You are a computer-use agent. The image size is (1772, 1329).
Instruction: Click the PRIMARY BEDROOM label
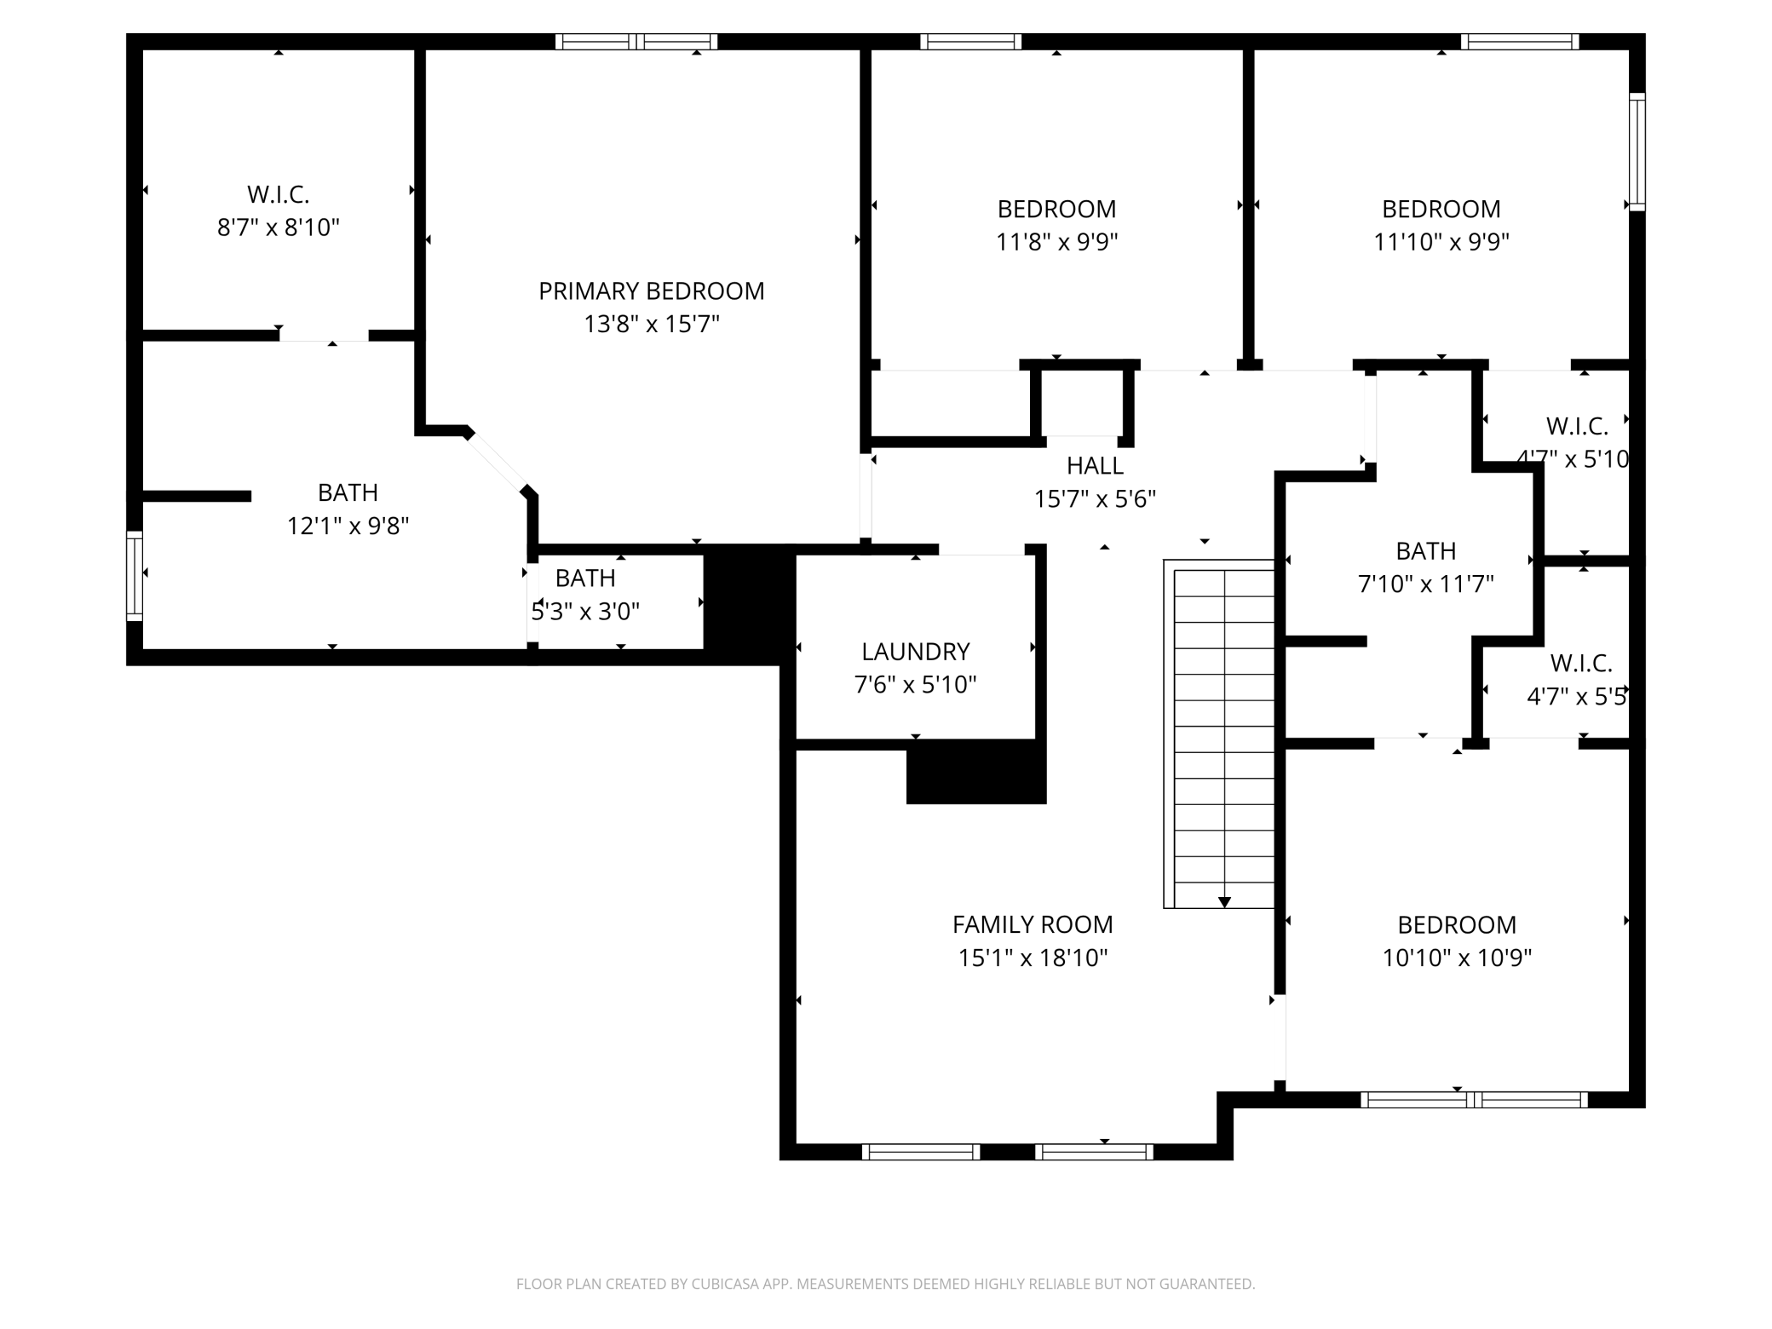651,291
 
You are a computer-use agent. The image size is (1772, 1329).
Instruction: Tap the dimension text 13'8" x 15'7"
651,325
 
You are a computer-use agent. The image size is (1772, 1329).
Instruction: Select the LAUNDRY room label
915,652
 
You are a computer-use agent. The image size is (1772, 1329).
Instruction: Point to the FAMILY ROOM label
1033,924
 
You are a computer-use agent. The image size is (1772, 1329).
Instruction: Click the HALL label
1095,466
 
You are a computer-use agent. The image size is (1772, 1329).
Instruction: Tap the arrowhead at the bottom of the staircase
1224,901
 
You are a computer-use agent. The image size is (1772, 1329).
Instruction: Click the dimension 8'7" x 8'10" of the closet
278,227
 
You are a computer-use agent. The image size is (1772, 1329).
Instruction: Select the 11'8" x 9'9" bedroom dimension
1056,242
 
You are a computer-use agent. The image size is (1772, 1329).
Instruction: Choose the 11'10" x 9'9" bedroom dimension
1441,242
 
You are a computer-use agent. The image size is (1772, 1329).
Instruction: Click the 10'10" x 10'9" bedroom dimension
1456,958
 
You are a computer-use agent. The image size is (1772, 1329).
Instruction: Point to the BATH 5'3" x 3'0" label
585,578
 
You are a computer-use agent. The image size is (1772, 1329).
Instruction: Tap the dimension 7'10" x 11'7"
1425,584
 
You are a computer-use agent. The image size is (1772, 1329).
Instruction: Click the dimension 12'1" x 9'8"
348,526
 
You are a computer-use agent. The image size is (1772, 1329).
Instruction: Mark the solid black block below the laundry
975,772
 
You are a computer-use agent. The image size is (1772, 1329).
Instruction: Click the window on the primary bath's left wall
134,575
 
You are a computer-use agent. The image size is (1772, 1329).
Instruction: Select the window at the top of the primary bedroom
636,42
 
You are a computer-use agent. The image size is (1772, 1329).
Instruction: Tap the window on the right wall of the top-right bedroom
1637,151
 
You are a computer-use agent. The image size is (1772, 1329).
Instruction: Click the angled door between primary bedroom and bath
497,463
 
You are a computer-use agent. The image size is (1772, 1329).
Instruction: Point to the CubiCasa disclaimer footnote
885,1283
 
